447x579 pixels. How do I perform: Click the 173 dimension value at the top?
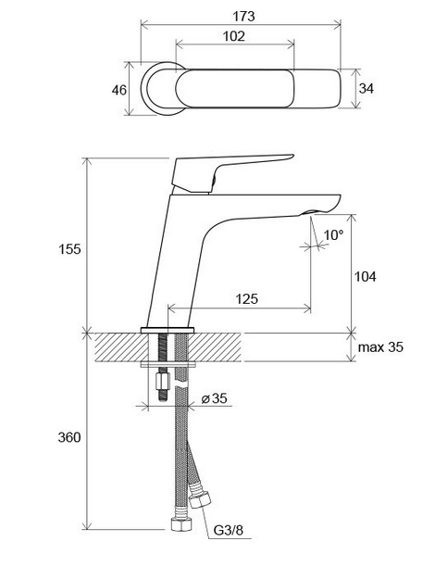point(243,17)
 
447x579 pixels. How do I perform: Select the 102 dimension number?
point(234,36)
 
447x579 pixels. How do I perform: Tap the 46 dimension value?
point(119,90)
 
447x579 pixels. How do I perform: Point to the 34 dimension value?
point(366,88)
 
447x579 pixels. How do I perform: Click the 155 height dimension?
point(69,249)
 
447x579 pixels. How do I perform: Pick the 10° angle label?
point(333,235)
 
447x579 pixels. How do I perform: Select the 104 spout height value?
point(366,277)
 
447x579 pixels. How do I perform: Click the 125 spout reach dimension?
point(247,298)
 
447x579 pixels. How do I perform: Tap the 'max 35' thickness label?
point(380,347)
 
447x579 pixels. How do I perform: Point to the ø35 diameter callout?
point(214,398)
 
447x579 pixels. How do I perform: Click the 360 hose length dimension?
point(69,437)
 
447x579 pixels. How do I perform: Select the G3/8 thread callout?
point(229,531)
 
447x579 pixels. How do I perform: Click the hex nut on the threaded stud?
point(162,381)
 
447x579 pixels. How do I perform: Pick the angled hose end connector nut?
point(200,499)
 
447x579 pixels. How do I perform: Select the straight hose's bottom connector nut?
point(181,524)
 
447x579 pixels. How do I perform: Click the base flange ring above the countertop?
point(168,330)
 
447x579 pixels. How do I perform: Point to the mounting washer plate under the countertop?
point(168,365)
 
